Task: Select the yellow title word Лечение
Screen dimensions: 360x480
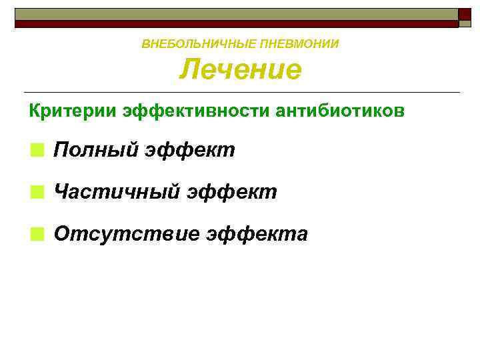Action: click(240, 69)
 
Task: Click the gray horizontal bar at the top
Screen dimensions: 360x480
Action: click(233, 14)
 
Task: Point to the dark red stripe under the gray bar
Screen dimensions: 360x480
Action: click(233, 23)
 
